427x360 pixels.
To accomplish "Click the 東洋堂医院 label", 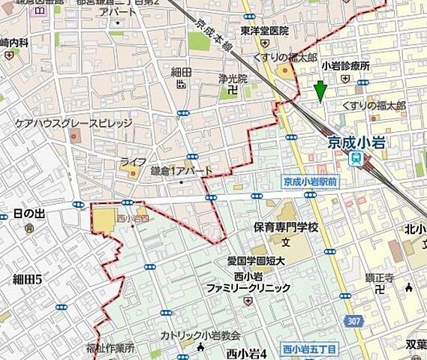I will pyautogui.click(x=265, y=31).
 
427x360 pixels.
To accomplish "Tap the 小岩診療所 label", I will pyautogui.click(x=345, y=65).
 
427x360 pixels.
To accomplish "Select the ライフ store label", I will pyautogui.click(x=132, y=162).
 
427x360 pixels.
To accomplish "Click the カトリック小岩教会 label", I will pyautogui.click(x=200, y=336).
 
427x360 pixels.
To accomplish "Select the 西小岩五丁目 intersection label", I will pyautogui.click(x=310, y=349).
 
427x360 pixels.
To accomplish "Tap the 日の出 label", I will pyautogui.click(x=29, y=214).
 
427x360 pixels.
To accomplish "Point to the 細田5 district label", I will pyautogui.click(x=29, y=280).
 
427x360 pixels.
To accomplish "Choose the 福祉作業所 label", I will pyautogui.click(x=109, y=348).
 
